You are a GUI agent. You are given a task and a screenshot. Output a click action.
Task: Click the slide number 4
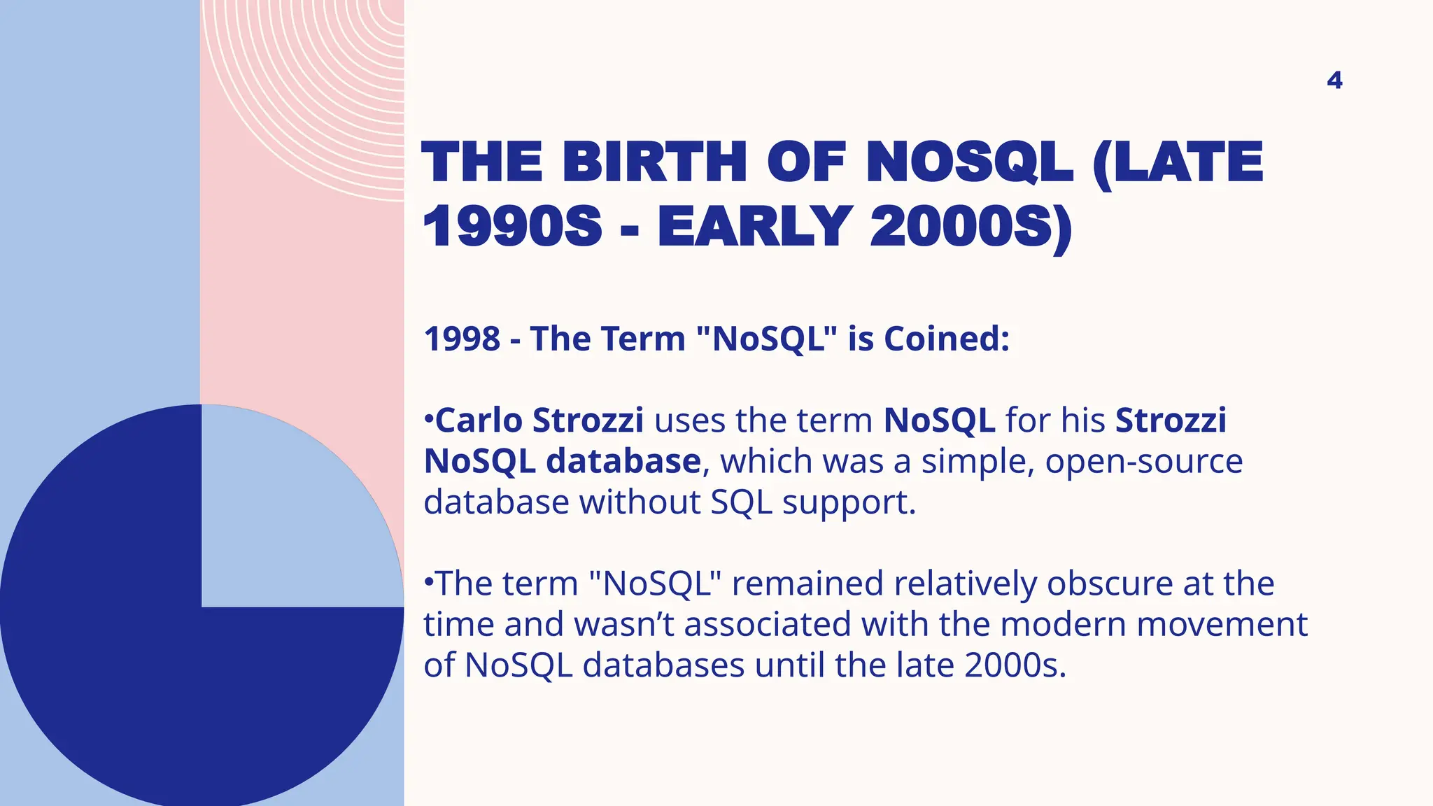point(1334,80)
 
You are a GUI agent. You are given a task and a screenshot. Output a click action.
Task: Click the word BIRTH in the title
point(654,162)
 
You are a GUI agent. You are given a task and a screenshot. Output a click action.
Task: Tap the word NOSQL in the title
point(968,162)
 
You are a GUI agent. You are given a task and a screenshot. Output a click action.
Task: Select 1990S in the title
point(512,227)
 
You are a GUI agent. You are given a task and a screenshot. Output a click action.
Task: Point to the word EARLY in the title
point(754,227)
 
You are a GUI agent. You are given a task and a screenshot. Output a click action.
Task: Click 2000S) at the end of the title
point(971,227)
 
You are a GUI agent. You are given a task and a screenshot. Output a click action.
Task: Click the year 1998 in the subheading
point(462,339)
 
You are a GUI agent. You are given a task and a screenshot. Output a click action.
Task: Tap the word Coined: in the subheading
point(947,339)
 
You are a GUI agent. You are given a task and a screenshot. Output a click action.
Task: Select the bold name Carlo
point(479,420)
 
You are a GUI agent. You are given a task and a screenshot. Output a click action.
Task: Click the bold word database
point(623,461)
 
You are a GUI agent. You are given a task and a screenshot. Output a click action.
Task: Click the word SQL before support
point(741,502)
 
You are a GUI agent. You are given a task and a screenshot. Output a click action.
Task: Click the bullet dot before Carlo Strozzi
point(428,420)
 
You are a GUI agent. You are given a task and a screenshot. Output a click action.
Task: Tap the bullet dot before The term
point(428,582)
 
